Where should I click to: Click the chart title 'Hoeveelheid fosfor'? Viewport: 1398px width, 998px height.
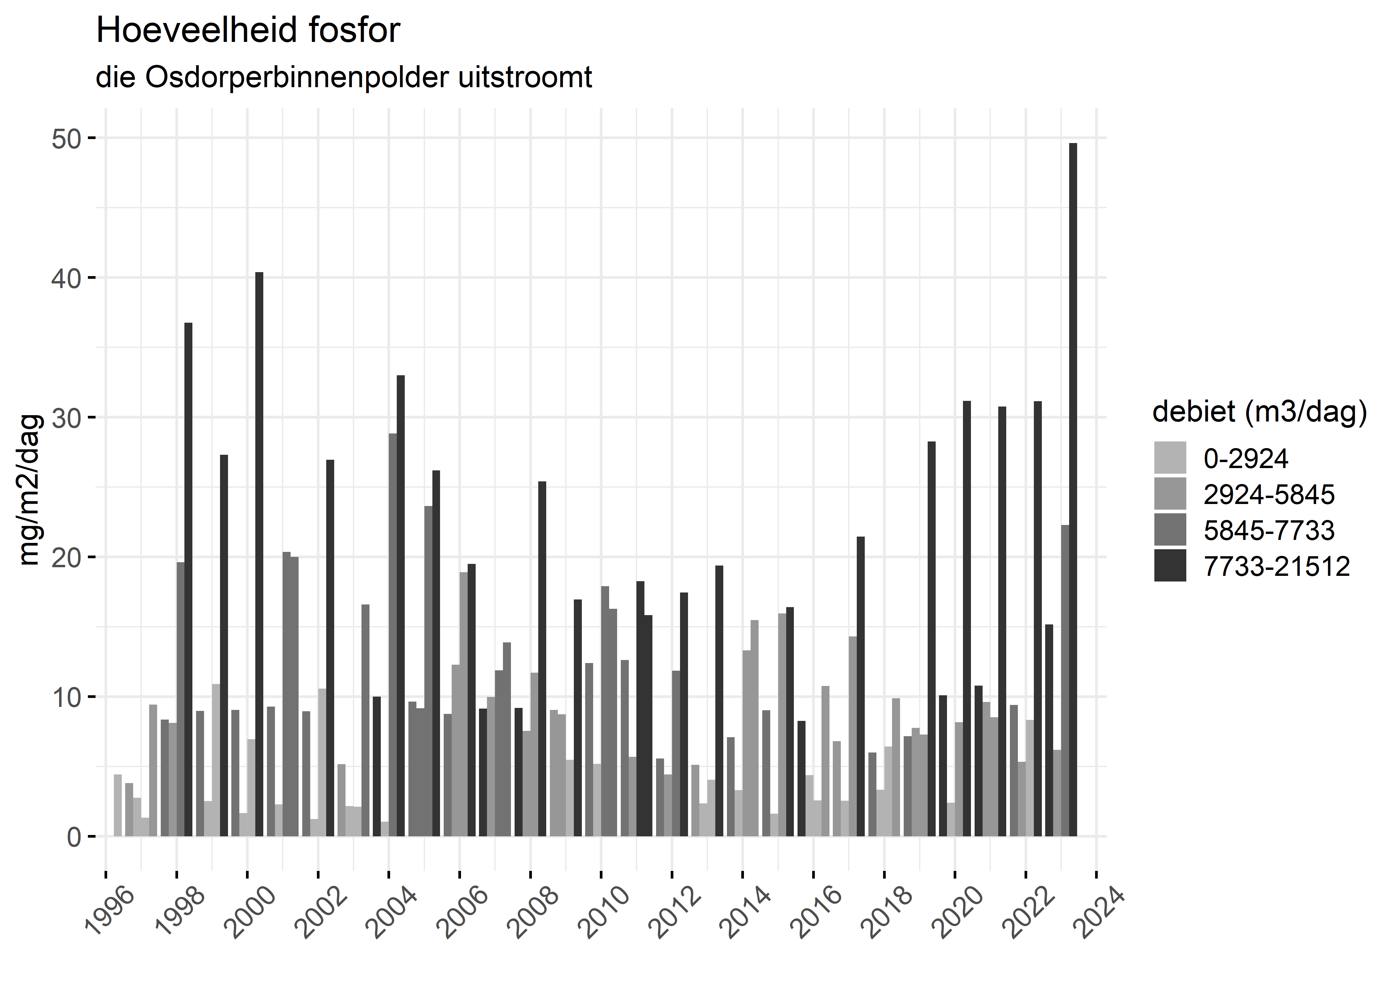pyautogui.click(x=248, y=31)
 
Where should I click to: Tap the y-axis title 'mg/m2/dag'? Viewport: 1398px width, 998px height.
pyautogui.click(x=30, y=490)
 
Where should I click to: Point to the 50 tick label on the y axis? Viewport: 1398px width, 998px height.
pyautogui.click(x=66, y=139)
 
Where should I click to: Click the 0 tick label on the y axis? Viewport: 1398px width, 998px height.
pyautogui.click(x=74, y=837)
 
